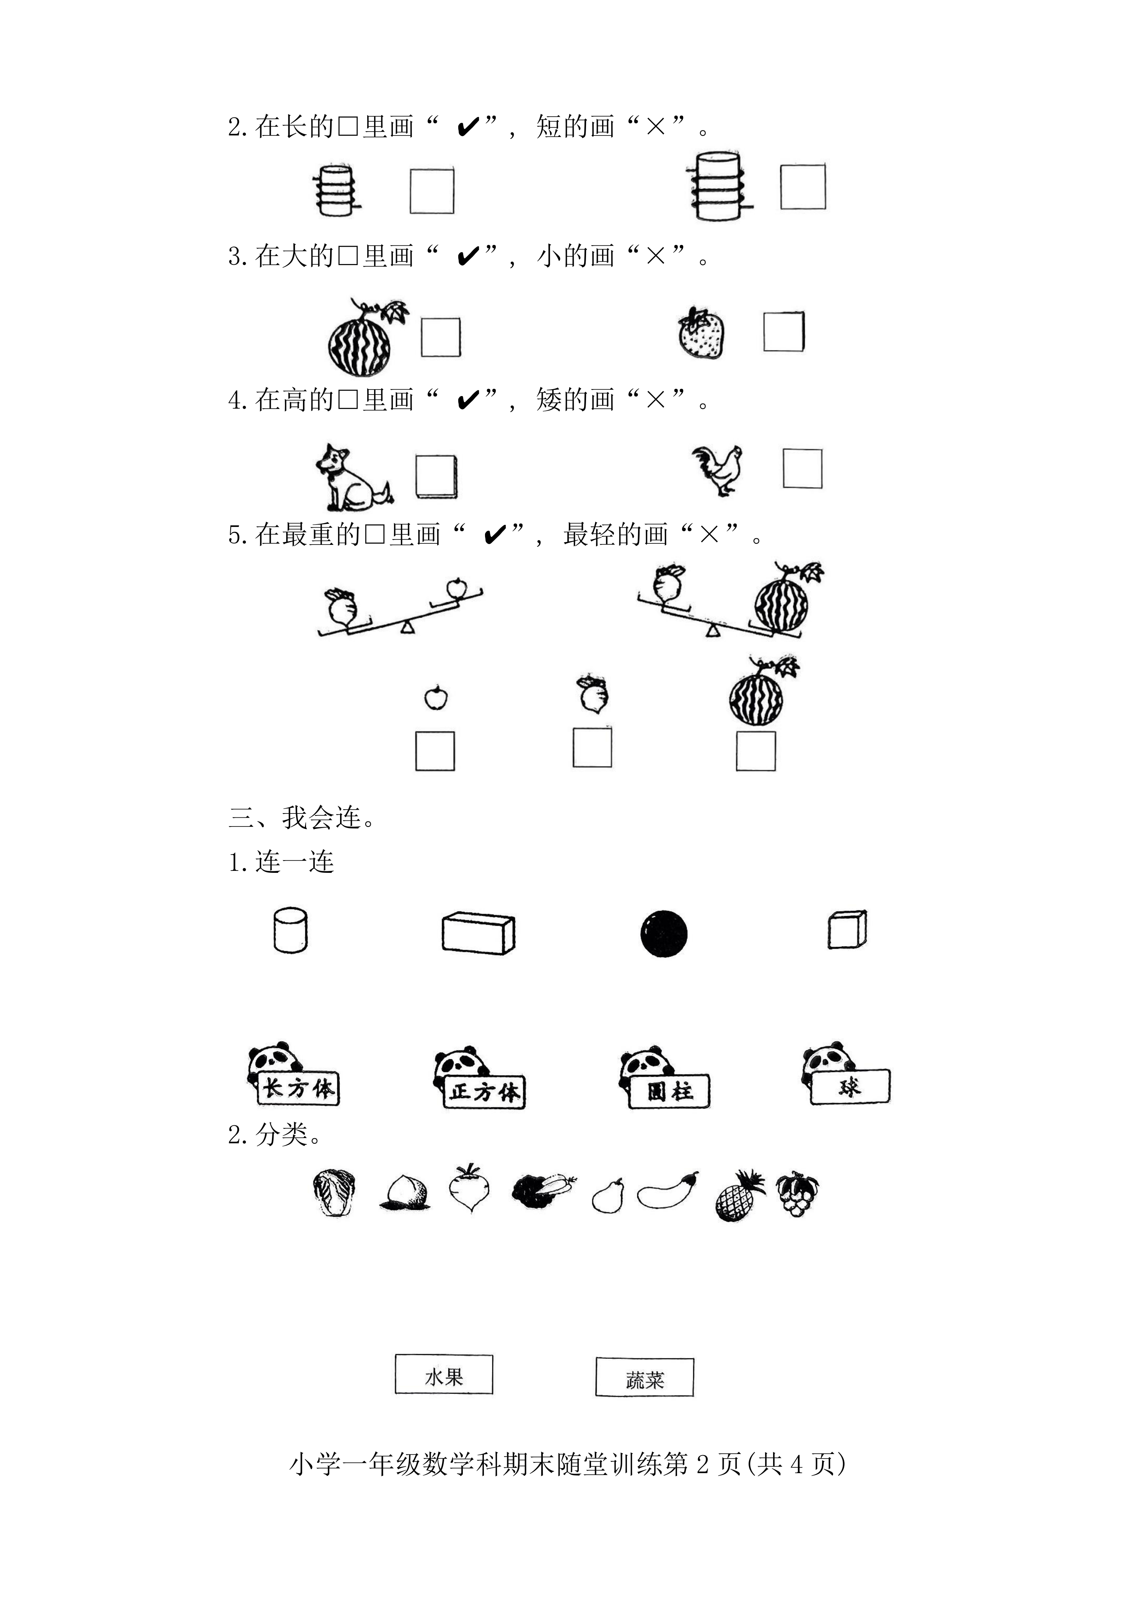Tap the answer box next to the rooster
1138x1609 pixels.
[803, 468]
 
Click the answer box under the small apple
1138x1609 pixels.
[435, 751]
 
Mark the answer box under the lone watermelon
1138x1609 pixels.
[755, 751]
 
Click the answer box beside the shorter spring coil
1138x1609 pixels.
[431, 191]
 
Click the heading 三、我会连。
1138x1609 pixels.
[302, 817]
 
